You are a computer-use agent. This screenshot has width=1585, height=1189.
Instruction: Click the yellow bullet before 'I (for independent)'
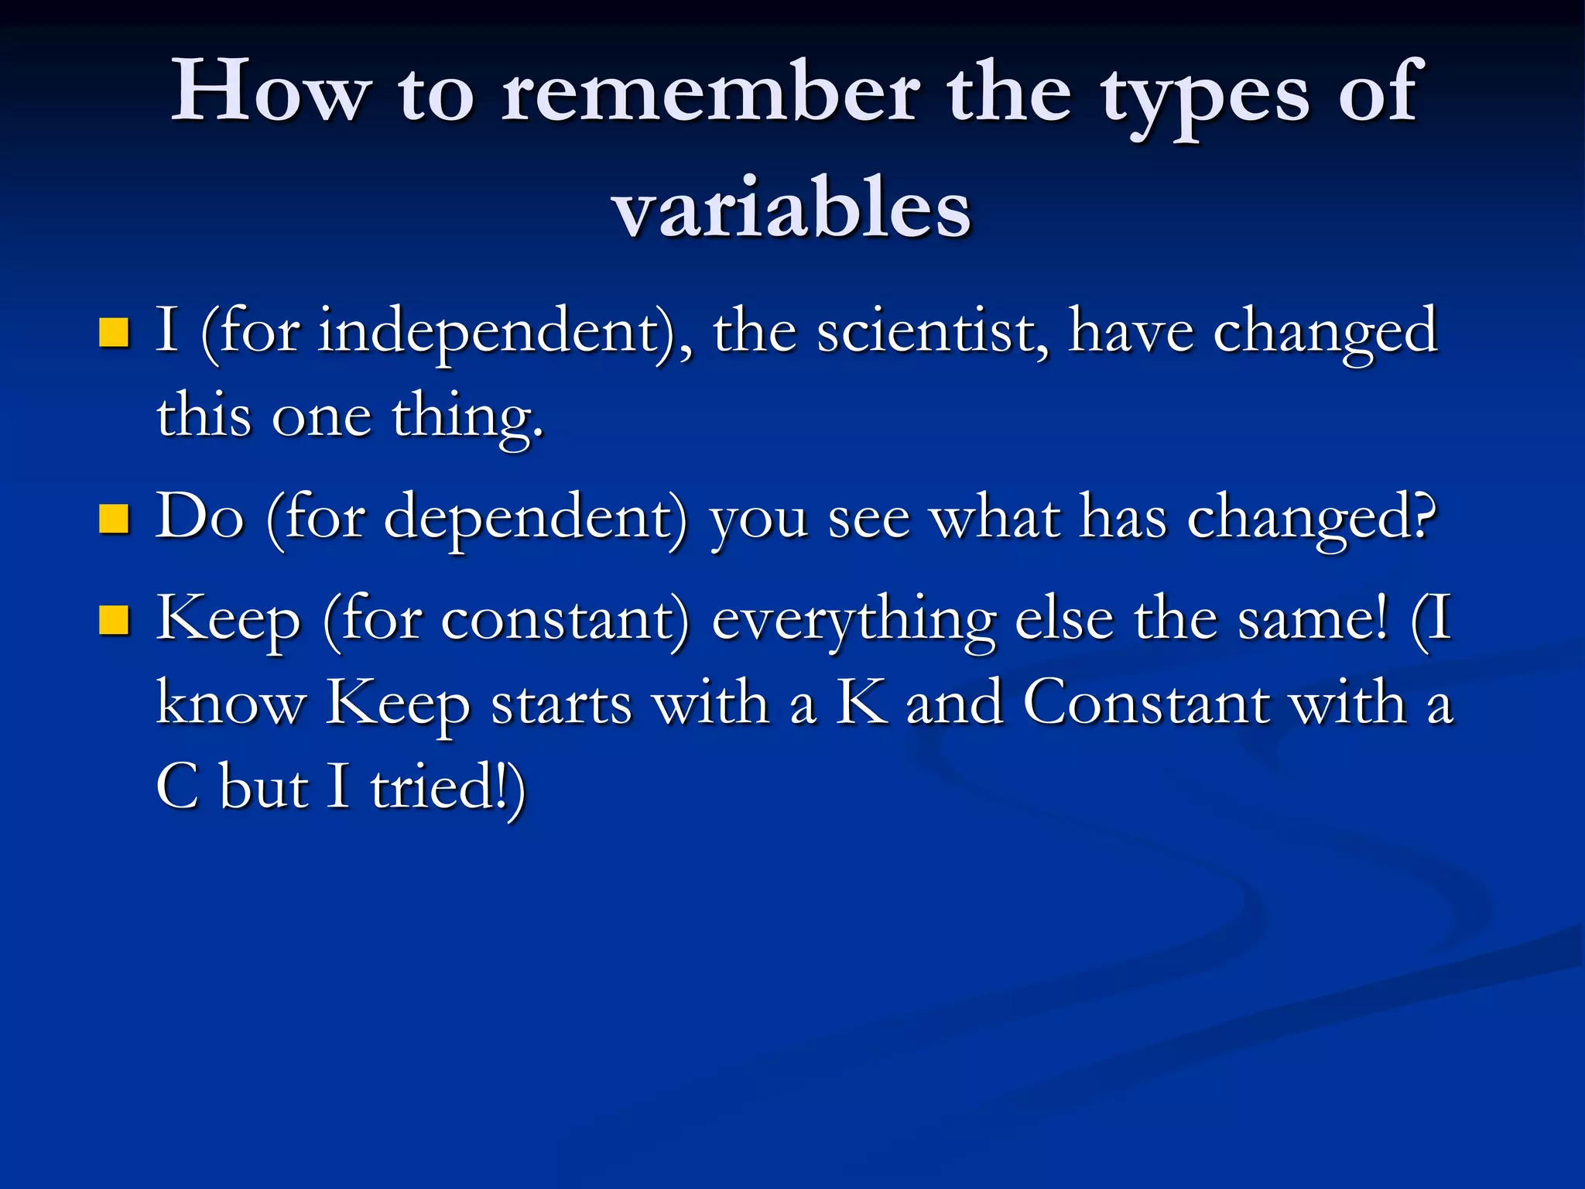[x=114, y=333]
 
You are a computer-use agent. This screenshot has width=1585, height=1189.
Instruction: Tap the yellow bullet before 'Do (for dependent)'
[x=114, y=519]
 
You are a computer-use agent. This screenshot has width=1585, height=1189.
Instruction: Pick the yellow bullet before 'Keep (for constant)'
[x=114, y=620]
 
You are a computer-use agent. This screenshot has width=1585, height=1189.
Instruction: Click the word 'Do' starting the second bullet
[x=200, y=516]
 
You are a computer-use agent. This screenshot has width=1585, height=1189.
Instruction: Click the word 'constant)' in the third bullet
[x=564, y=620]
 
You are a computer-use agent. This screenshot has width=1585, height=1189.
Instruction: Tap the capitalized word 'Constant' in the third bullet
[x=1146, y=703]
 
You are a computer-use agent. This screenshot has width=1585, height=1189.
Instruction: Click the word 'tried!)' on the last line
[x=447, y=787]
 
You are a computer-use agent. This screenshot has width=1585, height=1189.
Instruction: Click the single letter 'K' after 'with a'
[x=861, y=703]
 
